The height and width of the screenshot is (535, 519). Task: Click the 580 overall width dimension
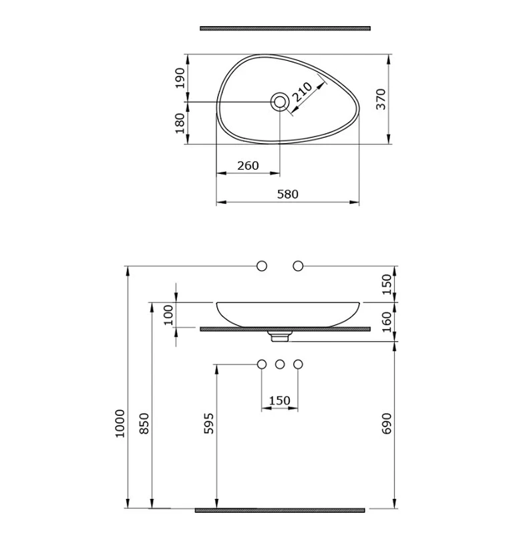click(288, 194)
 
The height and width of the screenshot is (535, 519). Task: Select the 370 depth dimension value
click(381, 99)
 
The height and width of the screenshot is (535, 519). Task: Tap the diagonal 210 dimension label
click(303, 92)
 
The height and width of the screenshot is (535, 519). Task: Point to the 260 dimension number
click(248, 165)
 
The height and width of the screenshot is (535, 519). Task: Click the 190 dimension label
click(180, 78)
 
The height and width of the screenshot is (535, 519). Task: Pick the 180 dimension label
click(180, 123)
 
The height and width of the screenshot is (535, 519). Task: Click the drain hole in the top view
click(280, 102)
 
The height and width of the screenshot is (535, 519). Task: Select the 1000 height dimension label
click(120, 423)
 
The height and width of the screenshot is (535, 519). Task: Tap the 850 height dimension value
click(144, 423)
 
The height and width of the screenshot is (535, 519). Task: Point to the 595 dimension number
click(208, 423)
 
